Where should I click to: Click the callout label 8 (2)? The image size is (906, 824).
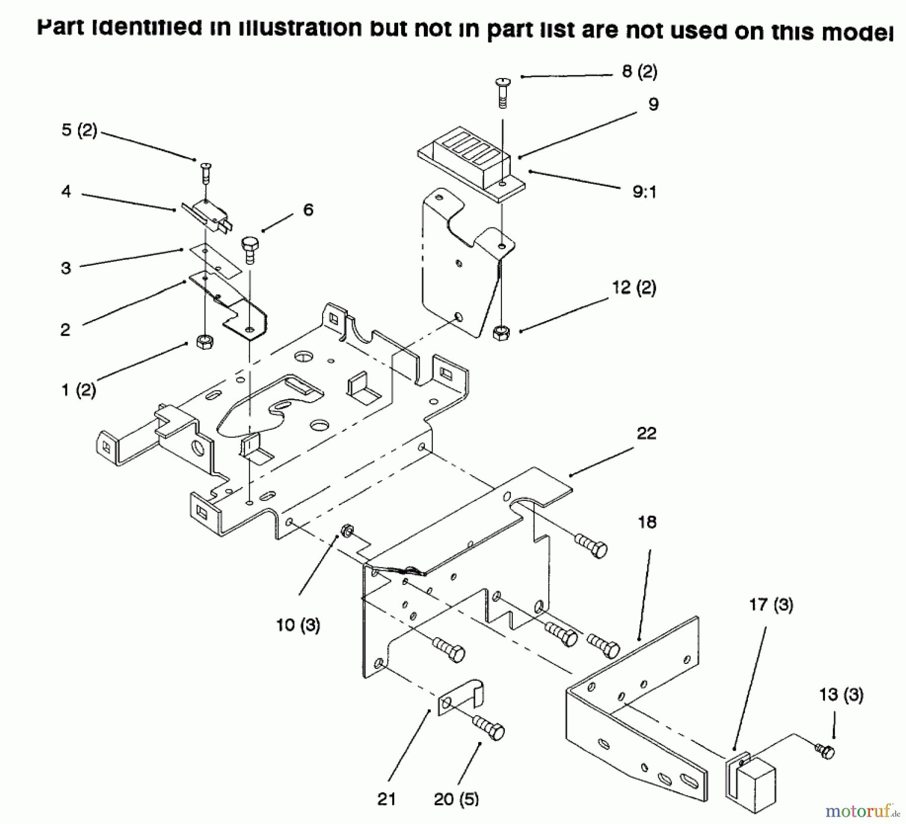tap(639, 71)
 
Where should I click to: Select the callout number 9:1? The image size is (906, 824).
tap(644, 192)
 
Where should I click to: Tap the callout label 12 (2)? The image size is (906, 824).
tap(634, 288)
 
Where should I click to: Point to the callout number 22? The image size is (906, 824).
tap(646, 433)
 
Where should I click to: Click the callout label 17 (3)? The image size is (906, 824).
tap(771, 605)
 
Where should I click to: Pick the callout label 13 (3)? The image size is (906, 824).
tap(841, 695)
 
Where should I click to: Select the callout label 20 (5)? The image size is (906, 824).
tap(456, 799)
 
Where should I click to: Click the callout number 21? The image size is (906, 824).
tap(387, 799)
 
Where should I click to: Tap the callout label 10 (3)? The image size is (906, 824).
tap(298, 625)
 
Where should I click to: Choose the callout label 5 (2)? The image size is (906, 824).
tap(79, 130)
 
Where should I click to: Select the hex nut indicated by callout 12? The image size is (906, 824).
tap(501, 333)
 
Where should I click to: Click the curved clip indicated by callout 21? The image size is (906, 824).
tap(461, 697)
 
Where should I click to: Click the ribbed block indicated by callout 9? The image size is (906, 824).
tap(471, 155)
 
